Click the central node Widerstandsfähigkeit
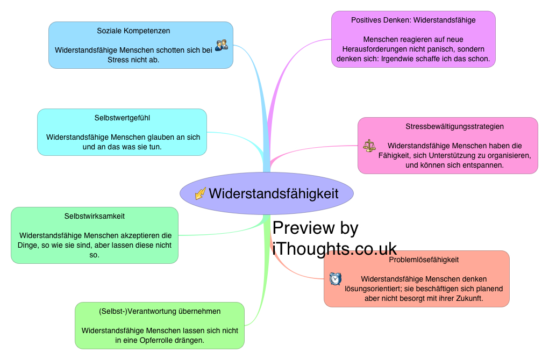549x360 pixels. [x=273, y=193]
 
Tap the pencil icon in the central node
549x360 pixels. [x=201, y=193]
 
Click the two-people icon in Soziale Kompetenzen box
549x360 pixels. [x=221, y=46]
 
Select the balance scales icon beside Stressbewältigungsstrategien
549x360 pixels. [x=369, y=146]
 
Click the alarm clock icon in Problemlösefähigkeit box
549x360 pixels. [x=335, y=278]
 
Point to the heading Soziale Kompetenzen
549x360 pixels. [x=133, y=31]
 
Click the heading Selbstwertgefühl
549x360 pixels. [x=122, y=118]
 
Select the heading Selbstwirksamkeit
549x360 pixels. [x=95, y=216]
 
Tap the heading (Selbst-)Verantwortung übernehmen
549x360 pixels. [x=160, y=311]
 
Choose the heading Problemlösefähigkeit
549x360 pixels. [x=424, y=260]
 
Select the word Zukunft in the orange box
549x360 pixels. [x=469, y=298]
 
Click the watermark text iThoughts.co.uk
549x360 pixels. [x=334, y=249]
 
